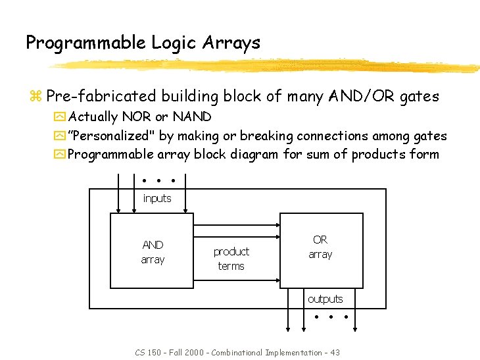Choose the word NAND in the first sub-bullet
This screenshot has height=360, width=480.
191,117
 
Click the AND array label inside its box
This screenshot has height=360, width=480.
153,252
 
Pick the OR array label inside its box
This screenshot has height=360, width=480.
320,247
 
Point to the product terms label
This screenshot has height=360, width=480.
231,259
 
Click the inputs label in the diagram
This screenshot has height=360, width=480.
157,198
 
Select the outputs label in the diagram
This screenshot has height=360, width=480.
325,299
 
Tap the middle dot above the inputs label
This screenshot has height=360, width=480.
158,180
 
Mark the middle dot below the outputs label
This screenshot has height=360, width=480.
330,317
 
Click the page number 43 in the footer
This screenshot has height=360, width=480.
335,353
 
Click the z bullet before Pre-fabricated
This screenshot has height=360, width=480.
35,97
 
